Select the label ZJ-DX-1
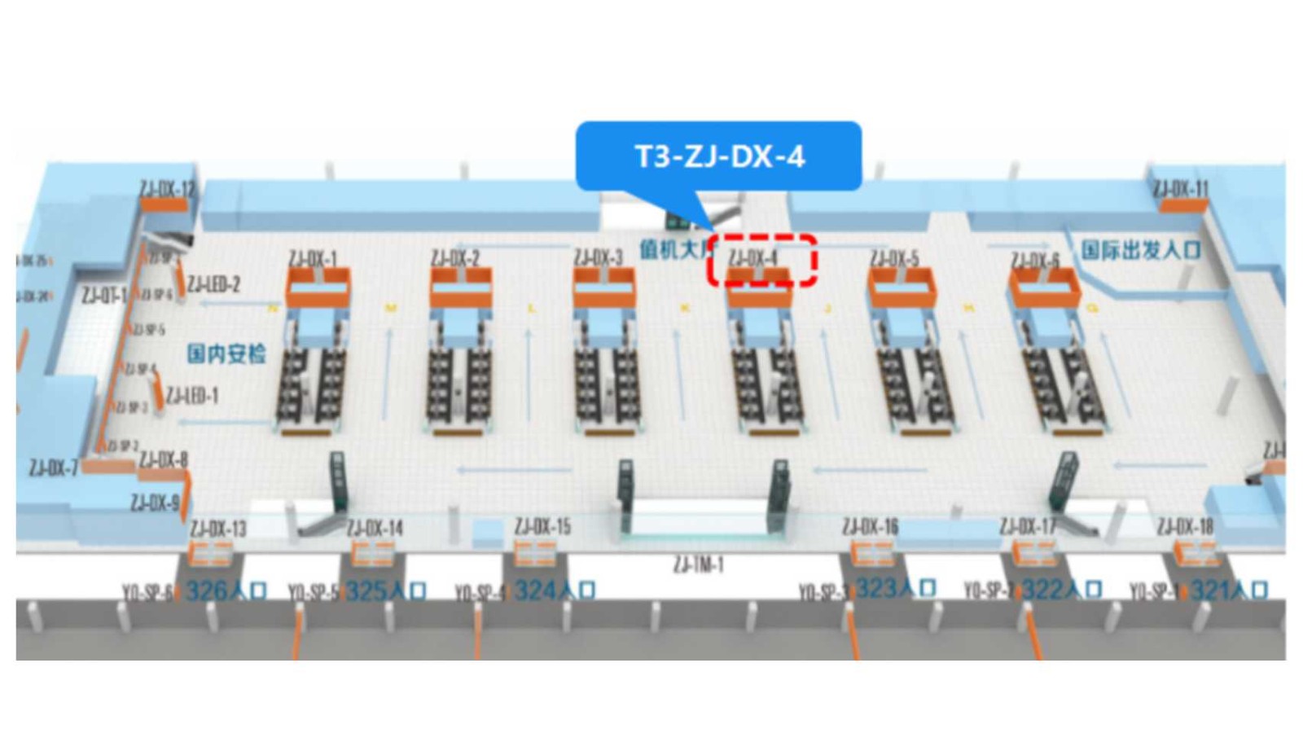click(312, 259)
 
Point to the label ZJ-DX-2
click(454, 259)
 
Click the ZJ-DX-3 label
click(598, 257)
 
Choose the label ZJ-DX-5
click(893, 259)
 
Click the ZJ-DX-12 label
click(167, 189)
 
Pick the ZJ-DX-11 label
click(1180, 189)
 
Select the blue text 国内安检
click(226, 353)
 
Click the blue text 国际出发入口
click(1140, 249)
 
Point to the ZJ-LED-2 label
click(213, 284)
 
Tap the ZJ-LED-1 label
click(192, 396)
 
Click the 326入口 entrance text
click(226, 590)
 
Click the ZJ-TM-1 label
click(698, 564)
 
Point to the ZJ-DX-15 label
click(542, 527)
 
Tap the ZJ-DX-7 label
click(54, 467)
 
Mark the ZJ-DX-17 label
click(1028, 527)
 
